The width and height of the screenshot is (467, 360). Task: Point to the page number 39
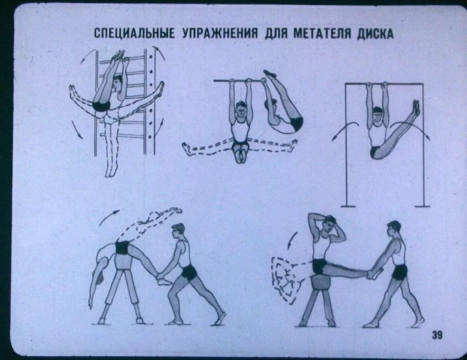tap(436, 336)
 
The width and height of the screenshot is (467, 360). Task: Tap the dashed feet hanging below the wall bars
tap(111, 170)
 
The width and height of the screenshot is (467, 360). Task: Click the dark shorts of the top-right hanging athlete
tap(375, 152)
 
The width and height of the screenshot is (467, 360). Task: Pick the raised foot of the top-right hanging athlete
tap(416, 108)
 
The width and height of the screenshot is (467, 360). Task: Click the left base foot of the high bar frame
tap(348, 206)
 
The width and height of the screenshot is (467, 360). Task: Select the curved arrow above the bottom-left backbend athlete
tap(109, 216)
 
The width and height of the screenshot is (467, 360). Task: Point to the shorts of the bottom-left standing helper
tap(188, 273)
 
